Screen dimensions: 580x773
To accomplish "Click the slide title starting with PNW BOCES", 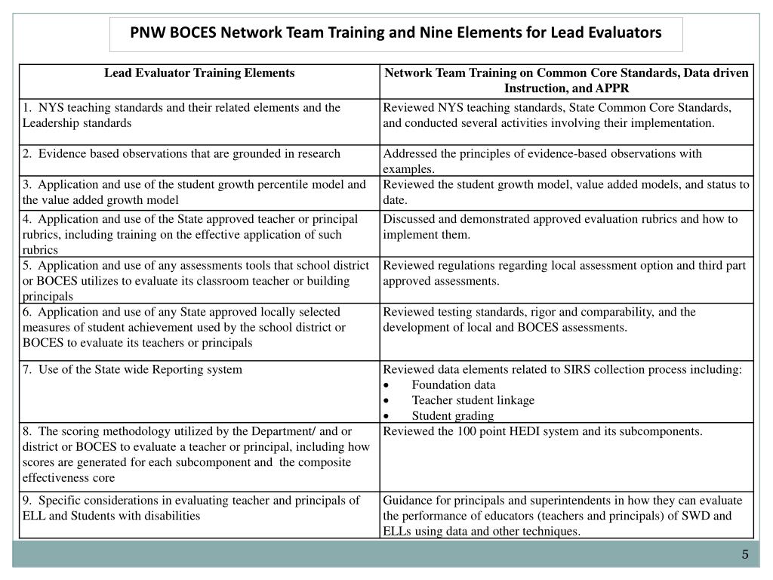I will coord(396,33).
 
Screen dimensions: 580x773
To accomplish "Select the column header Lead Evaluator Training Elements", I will coord(199,73).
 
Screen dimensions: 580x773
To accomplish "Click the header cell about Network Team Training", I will coord(566,81).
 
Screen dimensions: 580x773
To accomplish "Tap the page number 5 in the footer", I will coord(744,555).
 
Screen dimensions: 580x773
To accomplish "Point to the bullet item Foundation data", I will coord(454,384).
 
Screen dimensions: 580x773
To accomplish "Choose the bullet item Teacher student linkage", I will coord(473,400).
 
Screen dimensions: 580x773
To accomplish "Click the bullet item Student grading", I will coord(453,415).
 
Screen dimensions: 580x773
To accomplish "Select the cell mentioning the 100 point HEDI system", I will coord(543,431).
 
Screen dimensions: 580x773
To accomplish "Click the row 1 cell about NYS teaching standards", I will coord(181,115).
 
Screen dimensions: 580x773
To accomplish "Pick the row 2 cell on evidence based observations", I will coord(181,153).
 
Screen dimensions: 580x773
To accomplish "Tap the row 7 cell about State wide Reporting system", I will coord(132,369).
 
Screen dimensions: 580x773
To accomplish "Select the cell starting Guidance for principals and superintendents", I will coord(562,515).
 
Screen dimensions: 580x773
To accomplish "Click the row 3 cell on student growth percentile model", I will coord(194,192).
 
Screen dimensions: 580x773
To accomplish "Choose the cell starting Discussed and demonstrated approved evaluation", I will coord(560,227).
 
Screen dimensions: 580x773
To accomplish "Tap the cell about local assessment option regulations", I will coord(564,273).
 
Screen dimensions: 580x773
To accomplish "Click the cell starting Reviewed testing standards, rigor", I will coord(539,319).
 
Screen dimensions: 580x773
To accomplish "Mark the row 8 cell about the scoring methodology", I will coord(196,454).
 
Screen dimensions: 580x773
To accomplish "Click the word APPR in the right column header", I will coord(614,88).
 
